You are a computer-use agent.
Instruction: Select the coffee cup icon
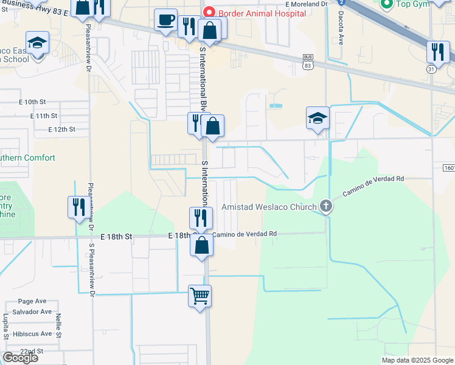pos(165,20)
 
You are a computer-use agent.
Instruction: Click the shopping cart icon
pos(200,296)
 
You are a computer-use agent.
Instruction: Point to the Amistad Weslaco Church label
pos(269,207)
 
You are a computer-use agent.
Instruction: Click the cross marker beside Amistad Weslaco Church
pos(326,206)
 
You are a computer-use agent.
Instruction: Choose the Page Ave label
pos(32,301)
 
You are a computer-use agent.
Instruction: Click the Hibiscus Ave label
pos(33,334)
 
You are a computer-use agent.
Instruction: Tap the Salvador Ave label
pos(35,311)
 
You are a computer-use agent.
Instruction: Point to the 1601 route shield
pos(446,167)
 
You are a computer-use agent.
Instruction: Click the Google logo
pos(20,358)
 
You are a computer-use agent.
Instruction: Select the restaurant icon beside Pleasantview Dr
pos(78,207)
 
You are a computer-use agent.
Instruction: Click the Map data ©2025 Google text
pos(417,360)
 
